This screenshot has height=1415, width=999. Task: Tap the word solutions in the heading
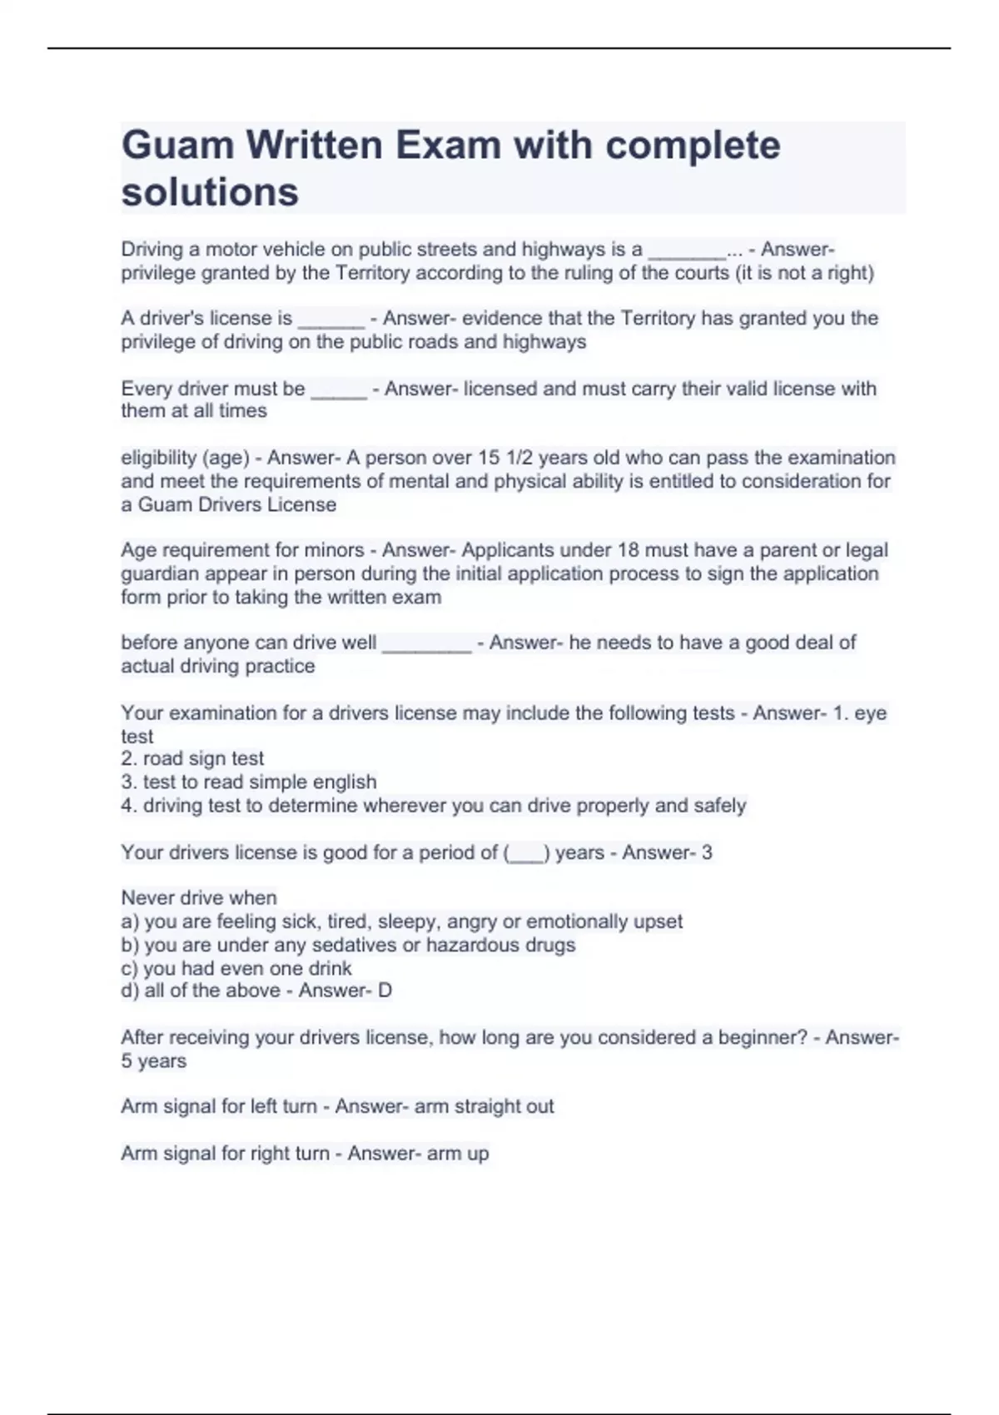pos(210,192)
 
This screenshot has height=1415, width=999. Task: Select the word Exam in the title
pos(447,146)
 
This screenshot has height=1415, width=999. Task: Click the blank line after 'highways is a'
pos(687,251)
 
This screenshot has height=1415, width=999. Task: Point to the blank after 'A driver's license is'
pos(331,320)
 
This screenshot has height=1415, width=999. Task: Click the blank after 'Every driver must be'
pos(339,390)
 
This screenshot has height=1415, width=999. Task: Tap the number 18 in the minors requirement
pos(627,550)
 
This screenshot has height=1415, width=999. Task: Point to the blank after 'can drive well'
pos(426,644)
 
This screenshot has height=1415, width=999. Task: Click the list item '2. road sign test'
pos(192,758)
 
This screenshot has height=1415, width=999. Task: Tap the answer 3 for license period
pos(707,852)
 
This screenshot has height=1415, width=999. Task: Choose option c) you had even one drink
pos(236,969)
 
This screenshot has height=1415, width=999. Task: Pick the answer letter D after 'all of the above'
pos(385,990)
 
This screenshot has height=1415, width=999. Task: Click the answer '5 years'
pos(154,1061)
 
